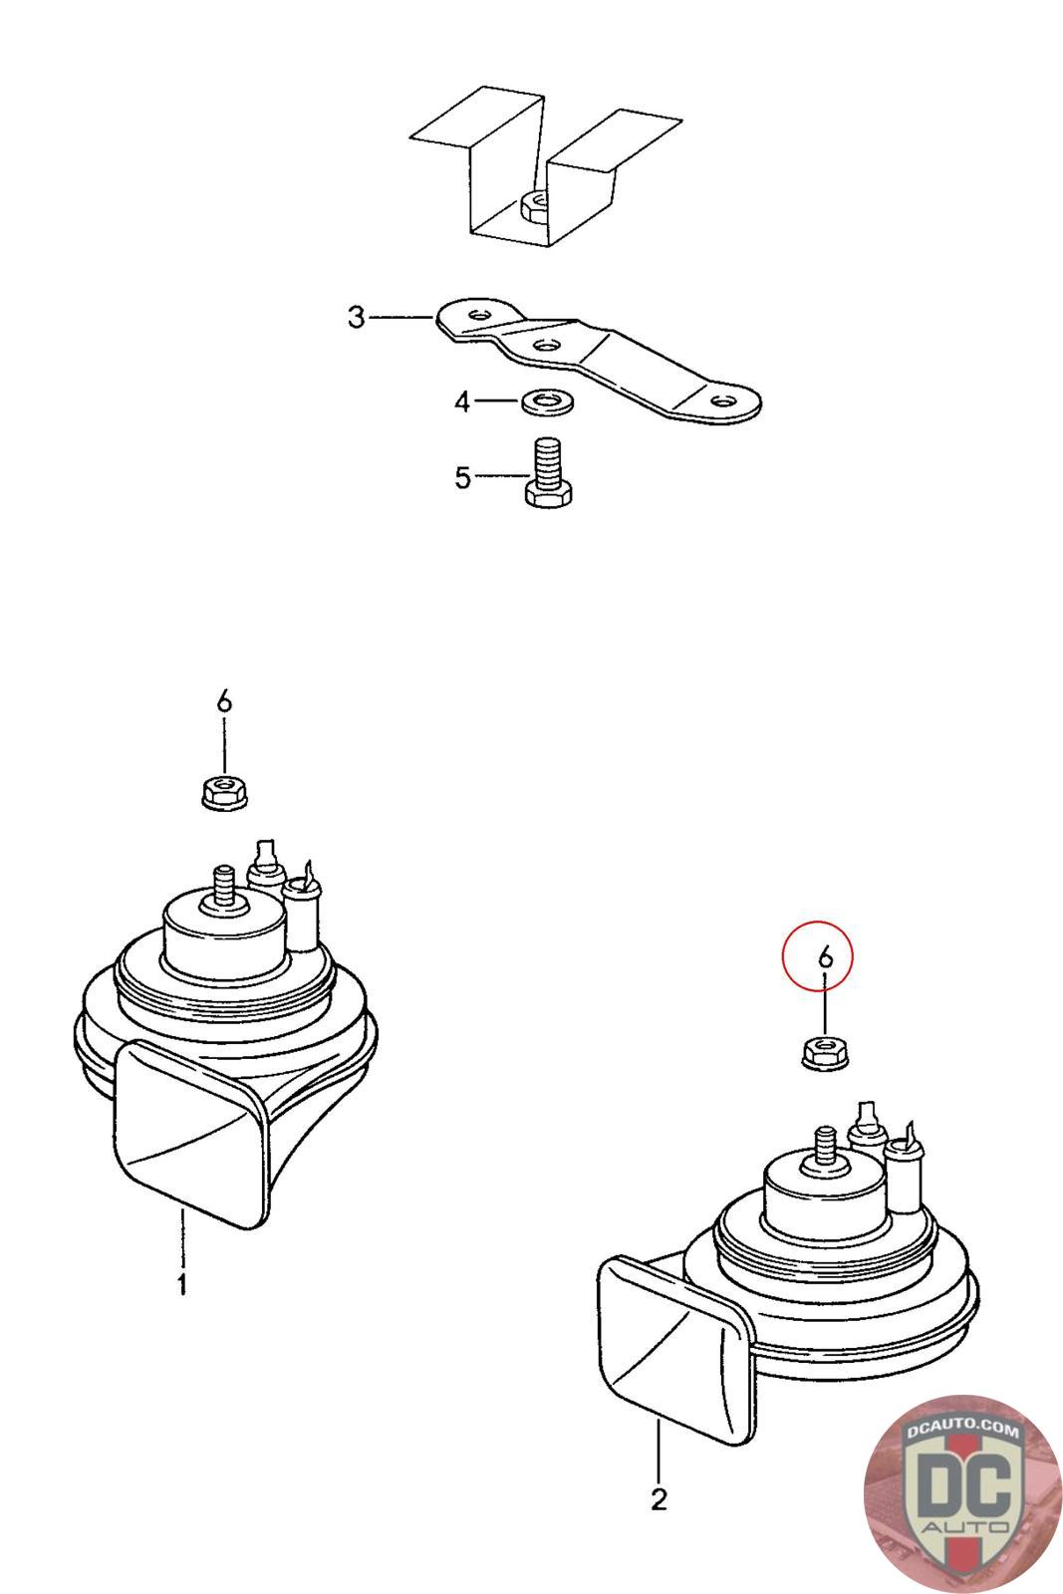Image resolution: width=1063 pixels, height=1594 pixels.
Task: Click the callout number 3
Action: coord(357,317)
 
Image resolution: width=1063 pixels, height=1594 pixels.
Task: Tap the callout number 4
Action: coord(462,402)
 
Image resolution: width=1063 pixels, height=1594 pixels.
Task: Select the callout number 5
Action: coord(462,477)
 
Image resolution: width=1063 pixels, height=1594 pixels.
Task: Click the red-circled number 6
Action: coord(825,956)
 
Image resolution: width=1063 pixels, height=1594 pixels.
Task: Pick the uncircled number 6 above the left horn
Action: coord(224,702)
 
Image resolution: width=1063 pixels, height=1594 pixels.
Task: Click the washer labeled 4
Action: coord(548,402)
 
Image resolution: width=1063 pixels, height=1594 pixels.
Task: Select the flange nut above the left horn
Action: coord(224,793)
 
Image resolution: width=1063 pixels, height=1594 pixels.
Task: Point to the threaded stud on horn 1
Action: coord(224,887)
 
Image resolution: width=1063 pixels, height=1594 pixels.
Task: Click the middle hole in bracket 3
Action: coord(545,346)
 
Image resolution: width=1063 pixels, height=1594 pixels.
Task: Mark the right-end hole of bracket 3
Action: coord(724,400)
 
